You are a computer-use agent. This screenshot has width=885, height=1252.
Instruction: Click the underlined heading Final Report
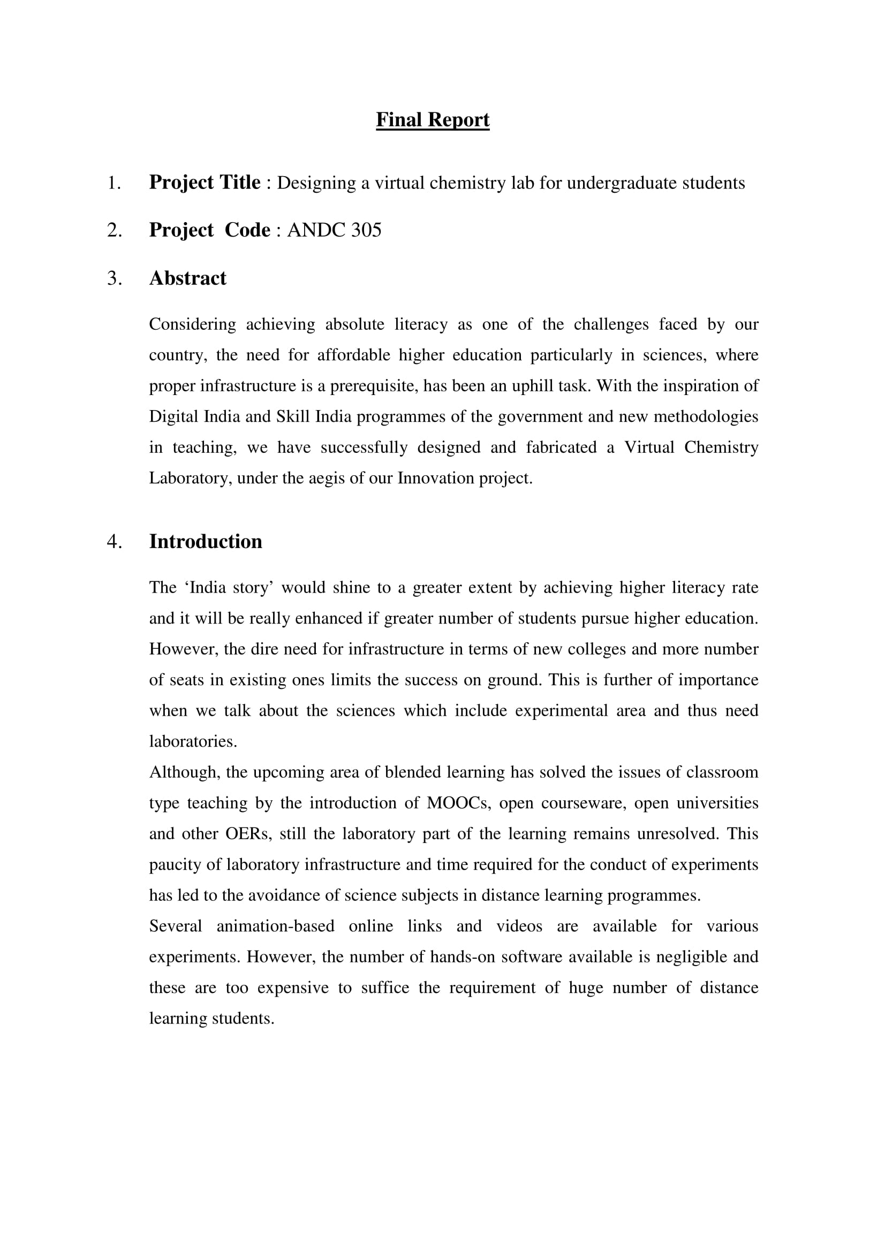[x=433, y=120]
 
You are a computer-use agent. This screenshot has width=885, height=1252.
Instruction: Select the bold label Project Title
[x=205, y=183]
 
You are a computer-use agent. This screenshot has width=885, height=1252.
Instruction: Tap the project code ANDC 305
[x=334, y=230]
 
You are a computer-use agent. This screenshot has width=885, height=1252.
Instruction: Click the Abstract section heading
[x=187, y=278]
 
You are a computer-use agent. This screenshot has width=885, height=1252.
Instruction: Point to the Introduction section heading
[x=206, y=542]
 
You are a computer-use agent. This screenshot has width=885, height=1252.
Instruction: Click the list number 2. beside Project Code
[x=115, y=230]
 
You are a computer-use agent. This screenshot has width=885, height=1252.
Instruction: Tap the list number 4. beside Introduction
[x=115, y=542]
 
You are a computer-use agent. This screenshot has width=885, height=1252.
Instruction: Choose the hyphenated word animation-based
[x=275, y=927]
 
